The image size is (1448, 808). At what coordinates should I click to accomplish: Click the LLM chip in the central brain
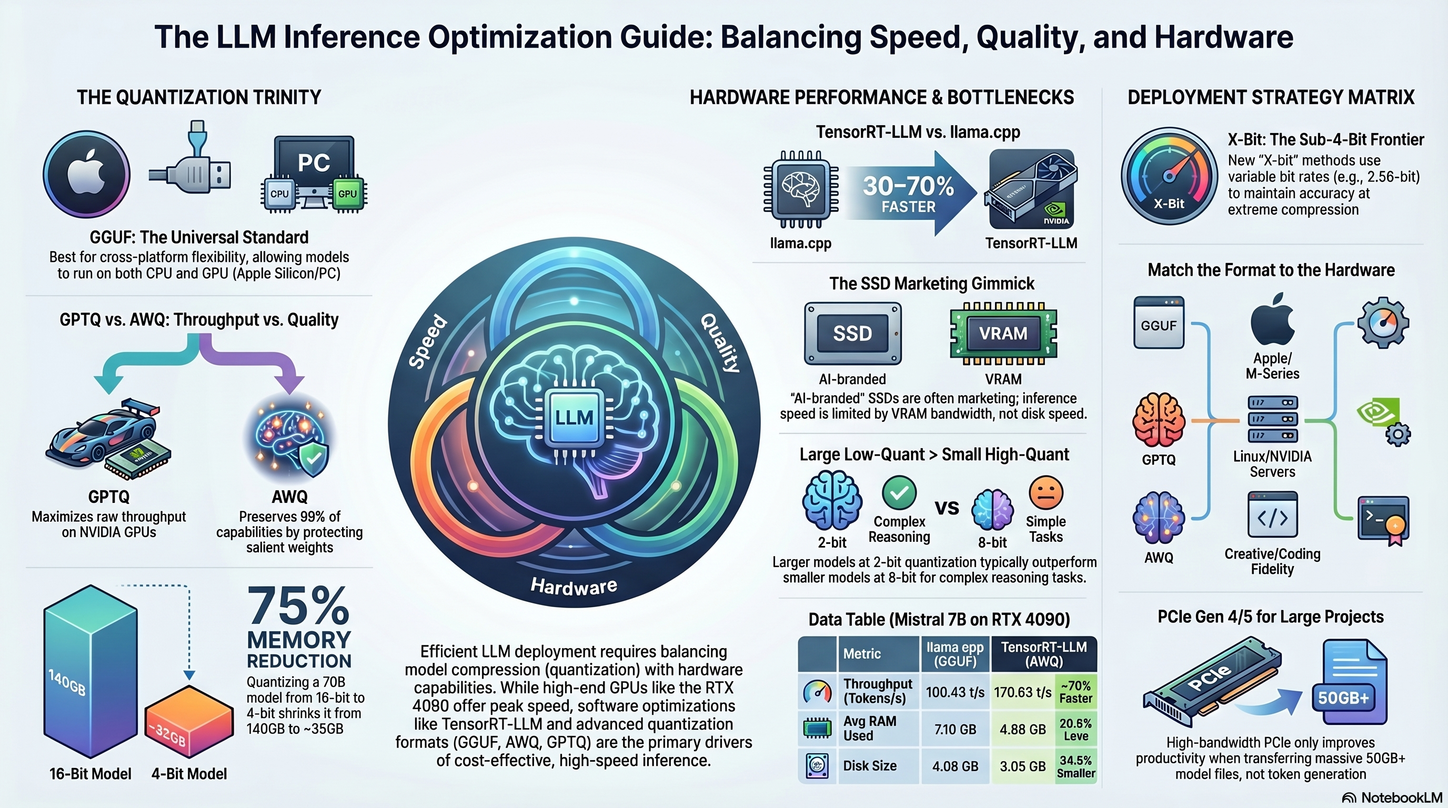[574, 418]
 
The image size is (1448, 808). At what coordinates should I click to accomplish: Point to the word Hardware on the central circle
[574, 586]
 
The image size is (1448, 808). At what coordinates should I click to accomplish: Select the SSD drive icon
[853, 333]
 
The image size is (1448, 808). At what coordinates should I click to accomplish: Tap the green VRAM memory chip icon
[1003, 333]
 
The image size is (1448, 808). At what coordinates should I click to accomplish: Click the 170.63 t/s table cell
[1022, 692]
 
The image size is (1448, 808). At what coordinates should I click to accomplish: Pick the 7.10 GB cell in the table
[955, 729]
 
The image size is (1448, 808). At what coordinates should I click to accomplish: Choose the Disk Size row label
[870, 766]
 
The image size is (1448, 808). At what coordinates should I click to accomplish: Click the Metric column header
[862, 653]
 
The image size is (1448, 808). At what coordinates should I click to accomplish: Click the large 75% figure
[298, 605]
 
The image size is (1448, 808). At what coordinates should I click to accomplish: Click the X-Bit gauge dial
[1169, 176]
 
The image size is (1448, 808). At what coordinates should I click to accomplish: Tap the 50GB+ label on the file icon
[1343, 698]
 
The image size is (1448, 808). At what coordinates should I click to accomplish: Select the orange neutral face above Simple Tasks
[1045, 492]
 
